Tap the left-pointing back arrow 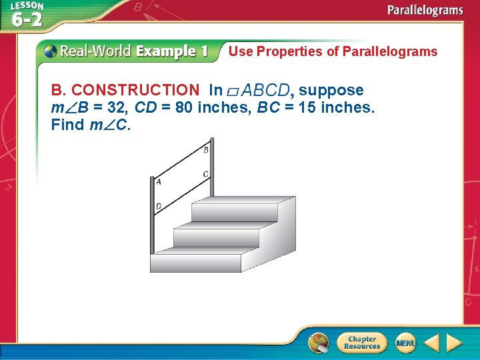click(432, 343)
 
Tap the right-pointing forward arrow click(455, 343)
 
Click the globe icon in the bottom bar click(319, 343)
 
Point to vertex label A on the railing click(158, 181)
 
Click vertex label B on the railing click(205, 150)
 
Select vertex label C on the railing click(205, 175)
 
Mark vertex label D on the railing click(158, 207)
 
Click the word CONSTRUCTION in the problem click(135, 90)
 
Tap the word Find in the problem click(67, 125)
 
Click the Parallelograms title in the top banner click(425, 10)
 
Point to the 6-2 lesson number click(27, 19)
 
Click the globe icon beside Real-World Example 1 click(51, 51)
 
